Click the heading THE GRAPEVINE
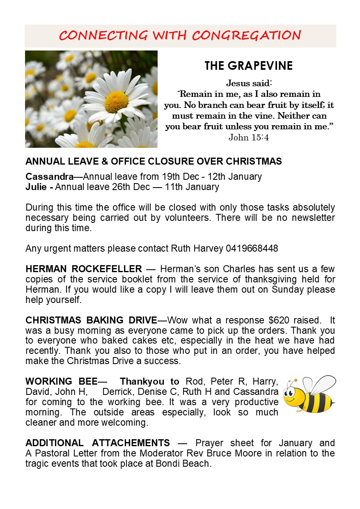click(x=249, y=66)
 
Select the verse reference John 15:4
click(x=249, y=138)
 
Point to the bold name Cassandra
click(x=49, y=177)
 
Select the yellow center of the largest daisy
click(x=116, y=102)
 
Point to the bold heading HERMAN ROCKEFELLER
click(x=83, y=269)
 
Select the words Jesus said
click(x=249, y=84)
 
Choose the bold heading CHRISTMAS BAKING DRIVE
click(x=91, y=320)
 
